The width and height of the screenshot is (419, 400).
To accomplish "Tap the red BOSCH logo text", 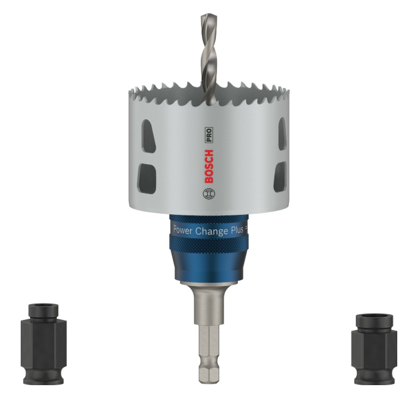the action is click(x=209, y=166).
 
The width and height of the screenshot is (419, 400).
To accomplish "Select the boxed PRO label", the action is click(x=209, y=134).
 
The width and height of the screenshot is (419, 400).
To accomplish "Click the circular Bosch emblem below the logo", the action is click(x=209, y=194).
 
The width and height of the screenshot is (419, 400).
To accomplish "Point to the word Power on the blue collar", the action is click(x=183, y=230).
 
